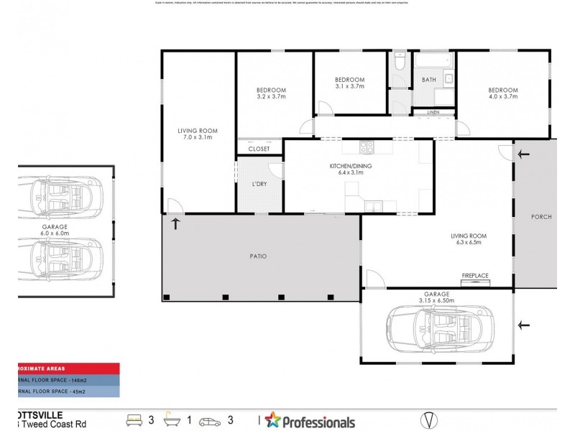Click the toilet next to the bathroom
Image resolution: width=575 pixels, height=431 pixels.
pos(400,62)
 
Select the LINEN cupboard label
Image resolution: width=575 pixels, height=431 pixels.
pos(433,113)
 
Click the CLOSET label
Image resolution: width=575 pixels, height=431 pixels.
pos(259,149)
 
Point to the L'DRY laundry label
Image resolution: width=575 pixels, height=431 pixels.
pos(259,185)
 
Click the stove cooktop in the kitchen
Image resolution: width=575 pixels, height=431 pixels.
pos(366,148)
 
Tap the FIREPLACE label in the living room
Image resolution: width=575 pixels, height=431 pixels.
pos(474,275)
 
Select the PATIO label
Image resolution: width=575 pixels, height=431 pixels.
pos(258,256)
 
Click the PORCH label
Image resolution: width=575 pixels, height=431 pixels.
pos(540,217)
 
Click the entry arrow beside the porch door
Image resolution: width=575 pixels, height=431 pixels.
pos(524,154)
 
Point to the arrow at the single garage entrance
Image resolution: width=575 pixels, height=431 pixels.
pos(525,325)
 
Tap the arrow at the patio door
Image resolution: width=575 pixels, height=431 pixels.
pos(175,223)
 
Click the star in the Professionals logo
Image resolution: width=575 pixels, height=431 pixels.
pos(272,420)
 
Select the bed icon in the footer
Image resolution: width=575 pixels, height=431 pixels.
pos(134,420)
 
